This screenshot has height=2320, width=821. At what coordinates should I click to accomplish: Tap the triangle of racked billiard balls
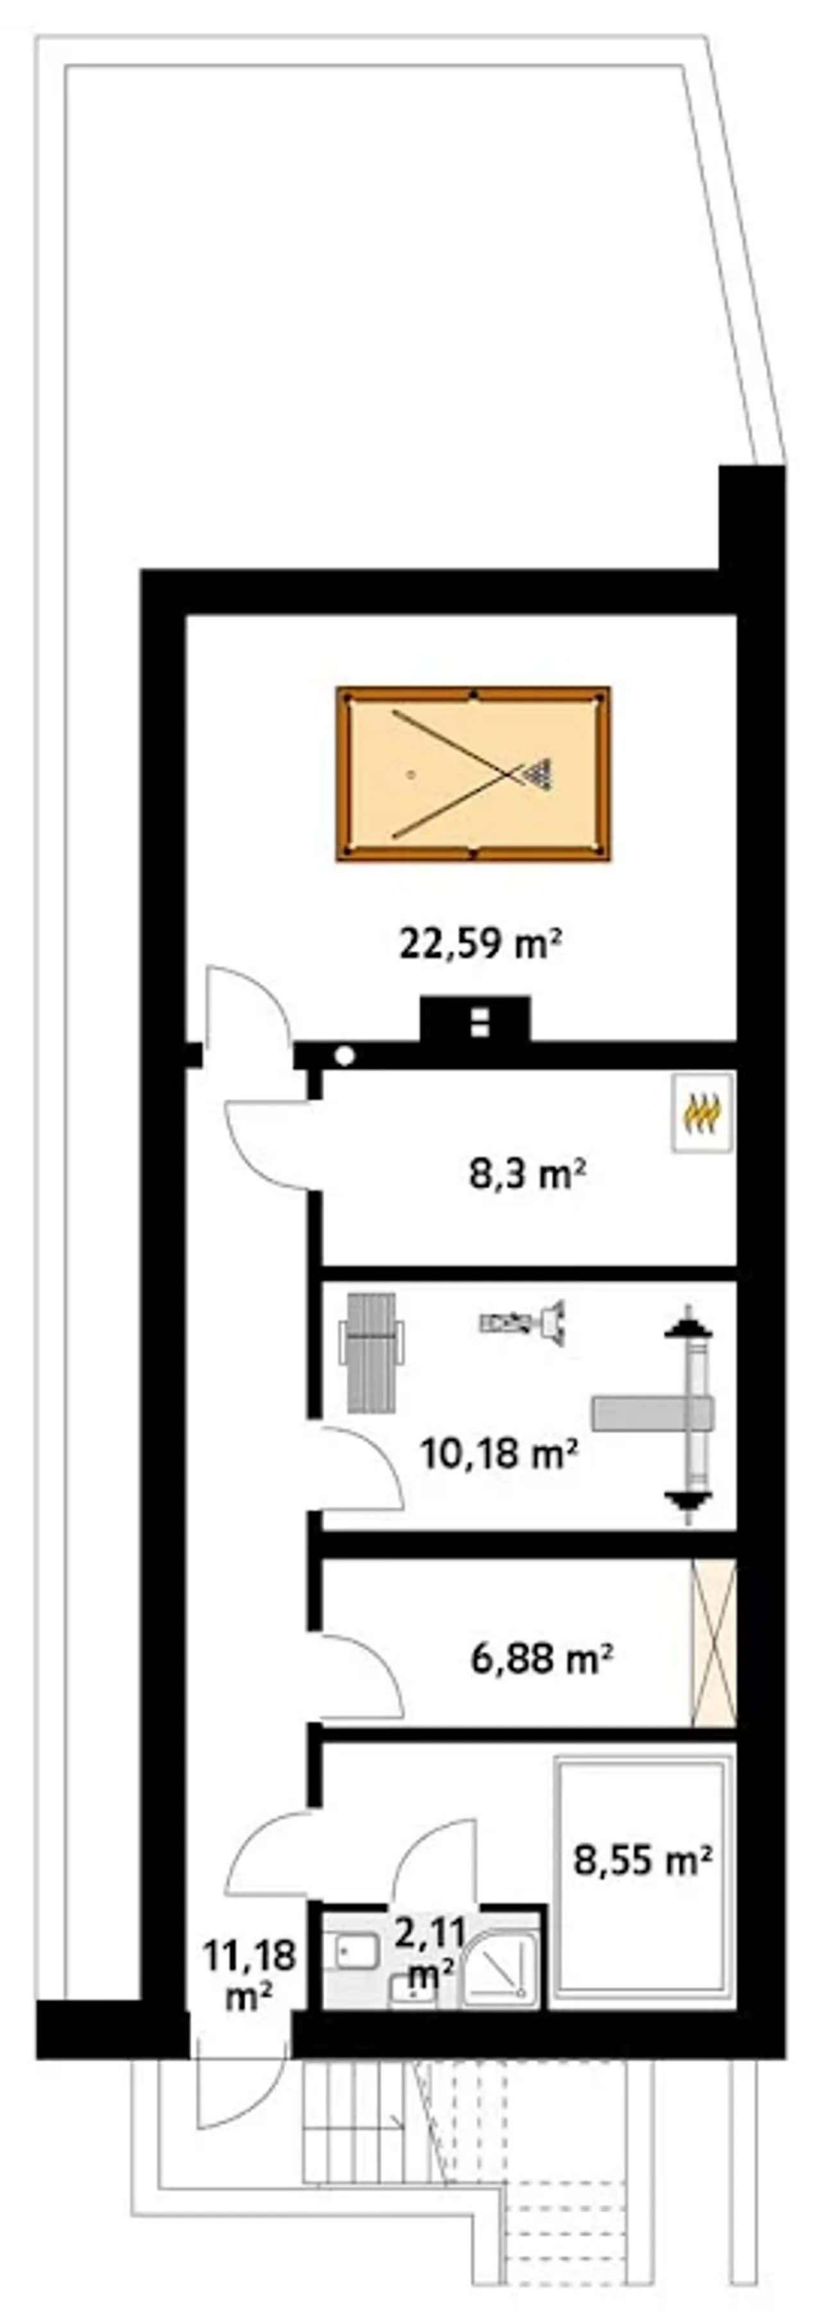537,773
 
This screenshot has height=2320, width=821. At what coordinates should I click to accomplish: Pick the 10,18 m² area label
498,1453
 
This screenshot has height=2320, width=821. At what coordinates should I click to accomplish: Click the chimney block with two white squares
475,1019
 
